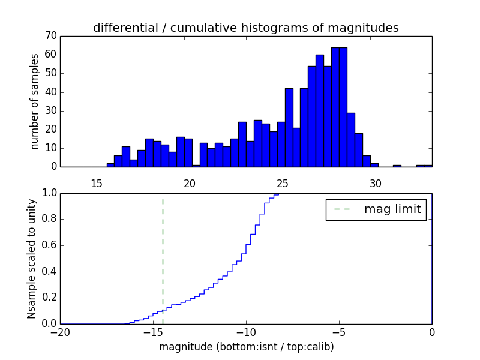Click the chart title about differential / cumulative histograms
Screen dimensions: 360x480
point(245,28)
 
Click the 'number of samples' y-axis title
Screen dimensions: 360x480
point(35,101)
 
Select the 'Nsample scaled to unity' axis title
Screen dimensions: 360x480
point(32,258)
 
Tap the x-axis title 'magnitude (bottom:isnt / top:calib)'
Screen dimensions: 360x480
point(246,347)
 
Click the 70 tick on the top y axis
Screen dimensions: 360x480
point(50,36)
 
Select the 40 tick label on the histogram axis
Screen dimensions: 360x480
point(50,92)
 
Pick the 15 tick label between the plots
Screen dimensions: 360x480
point(96,184)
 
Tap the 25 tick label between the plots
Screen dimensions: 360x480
point(283,184)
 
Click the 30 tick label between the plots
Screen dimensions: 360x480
point(376,184)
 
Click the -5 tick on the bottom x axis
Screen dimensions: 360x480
point(339,332)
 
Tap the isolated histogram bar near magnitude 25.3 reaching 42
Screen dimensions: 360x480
point(289,128)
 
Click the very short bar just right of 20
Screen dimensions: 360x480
point(196,166)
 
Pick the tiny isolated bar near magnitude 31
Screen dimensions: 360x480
point(397,166)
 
